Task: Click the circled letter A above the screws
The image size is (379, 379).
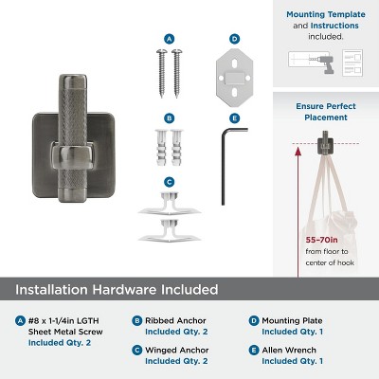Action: point(170,39)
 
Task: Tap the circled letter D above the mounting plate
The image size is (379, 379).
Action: point(234,39)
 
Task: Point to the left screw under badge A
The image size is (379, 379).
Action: point(162,73)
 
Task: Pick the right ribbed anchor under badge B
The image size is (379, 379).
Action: point(177,147)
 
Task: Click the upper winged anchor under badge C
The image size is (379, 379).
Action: point(170,204)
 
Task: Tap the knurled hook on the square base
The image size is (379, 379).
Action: point(73,139)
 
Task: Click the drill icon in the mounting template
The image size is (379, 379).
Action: point(324,64)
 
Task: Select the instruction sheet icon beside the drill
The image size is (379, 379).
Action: point(352,63)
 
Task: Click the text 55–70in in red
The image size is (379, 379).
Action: point(321,240)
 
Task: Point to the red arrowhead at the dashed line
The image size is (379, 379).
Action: point(298,152)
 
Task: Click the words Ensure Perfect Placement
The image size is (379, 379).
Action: point(326,112)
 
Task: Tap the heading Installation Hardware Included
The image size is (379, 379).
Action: point(117,290)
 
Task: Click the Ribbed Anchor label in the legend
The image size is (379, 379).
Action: point(175,320)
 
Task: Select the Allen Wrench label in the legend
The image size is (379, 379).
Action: point(289,350)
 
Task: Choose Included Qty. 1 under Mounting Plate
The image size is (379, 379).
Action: point(293,332)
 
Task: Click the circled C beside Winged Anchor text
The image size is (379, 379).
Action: point(137,351)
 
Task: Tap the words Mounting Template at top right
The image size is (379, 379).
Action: point(326,14)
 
